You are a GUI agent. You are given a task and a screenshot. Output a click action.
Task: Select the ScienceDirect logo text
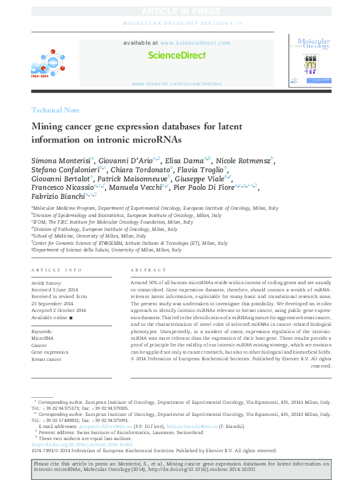pos(177,55)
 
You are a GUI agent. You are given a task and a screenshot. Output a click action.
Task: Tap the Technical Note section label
pos(54,110)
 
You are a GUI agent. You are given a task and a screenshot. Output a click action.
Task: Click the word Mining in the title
pos(48,127)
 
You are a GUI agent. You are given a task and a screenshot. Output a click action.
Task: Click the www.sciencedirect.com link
pos(195,44)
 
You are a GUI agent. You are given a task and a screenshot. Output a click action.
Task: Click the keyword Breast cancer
pos(47,359)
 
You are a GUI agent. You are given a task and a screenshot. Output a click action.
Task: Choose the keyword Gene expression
pos(50,352)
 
